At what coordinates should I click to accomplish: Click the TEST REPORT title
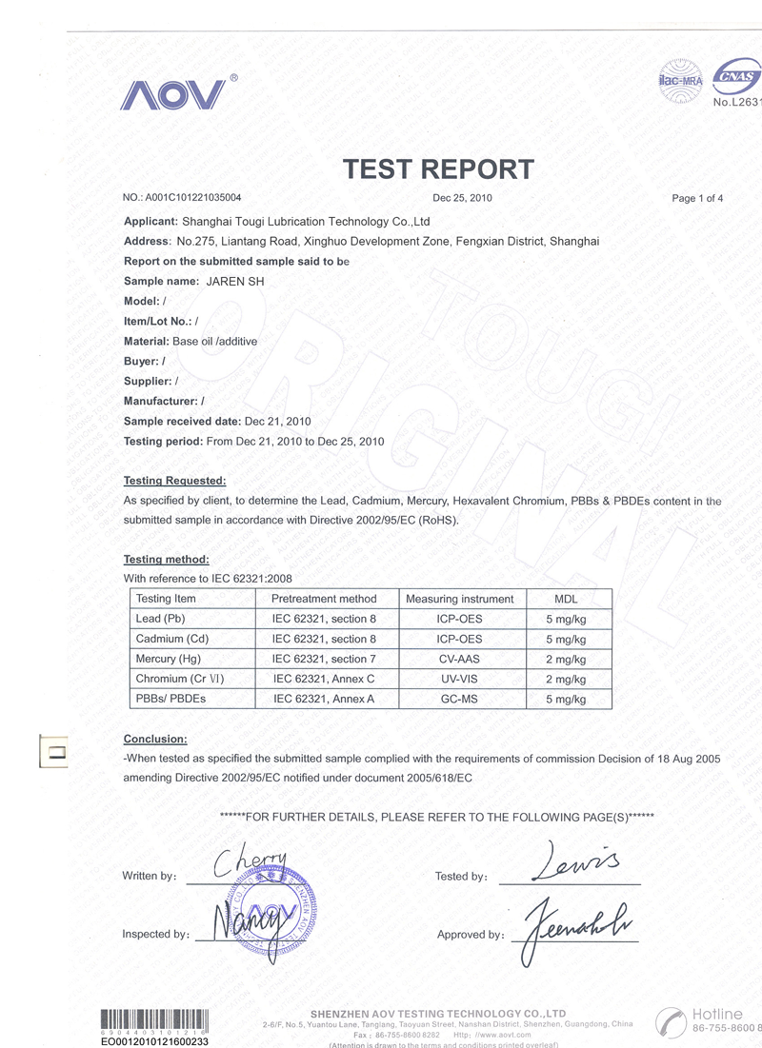[438, 169]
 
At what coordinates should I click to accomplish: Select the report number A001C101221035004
[193, 198]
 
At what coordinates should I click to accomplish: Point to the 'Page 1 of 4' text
[697, 198]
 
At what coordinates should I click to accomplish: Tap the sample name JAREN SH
[235, 282]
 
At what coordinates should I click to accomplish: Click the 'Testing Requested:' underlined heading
[175, 481]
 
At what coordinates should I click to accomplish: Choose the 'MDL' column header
[566, 599]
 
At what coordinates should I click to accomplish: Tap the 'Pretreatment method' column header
[324, 599]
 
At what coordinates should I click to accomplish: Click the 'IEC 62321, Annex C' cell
[324, 680]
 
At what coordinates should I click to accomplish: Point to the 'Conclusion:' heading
[155, 740]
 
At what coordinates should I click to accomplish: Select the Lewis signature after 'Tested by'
[577, 861]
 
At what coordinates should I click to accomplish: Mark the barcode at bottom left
[154, 1020]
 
